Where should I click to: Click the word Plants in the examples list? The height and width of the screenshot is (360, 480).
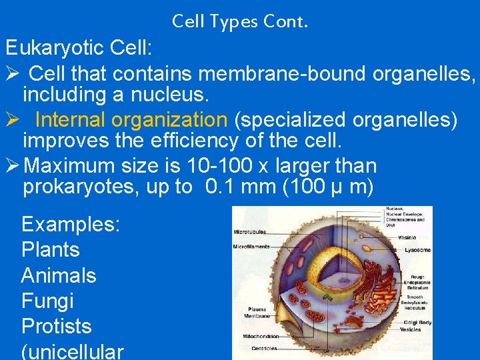pyautogui.click(x=51, y=250)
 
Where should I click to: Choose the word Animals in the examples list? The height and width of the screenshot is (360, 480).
pyautogui.click(x=59, y=275)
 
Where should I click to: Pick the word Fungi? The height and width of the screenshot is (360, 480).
pyautogui.click(x=47, y=301)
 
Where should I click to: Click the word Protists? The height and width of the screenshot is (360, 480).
pyautogui.click(x=56, y=326)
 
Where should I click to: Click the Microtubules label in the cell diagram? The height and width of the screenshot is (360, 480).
pyautogui.click(x=250, y=232)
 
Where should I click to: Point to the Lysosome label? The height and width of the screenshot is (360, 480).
pyautogui.click(x=417, y=250)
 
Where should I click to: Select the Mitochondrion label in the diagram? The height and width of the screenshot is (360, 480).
pyautogui.click(x=261, y=336)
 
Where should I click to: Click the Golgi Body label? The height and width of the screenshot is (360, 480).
pyautogui.click(x=416, y=323)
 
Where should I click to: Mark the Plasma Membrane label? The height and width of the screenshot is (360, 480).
pyautogui.click(x=258, y=313)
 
